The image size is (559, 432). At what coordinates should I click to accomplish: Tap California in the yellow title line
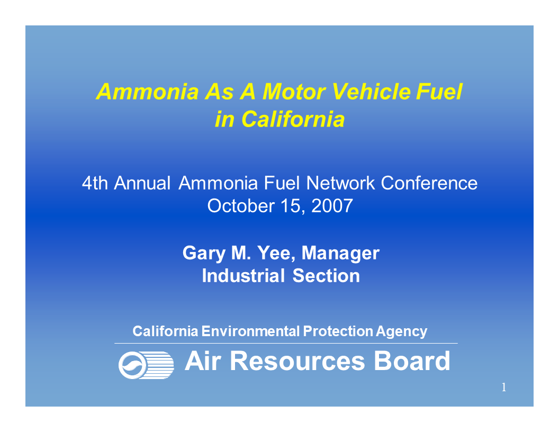pos(293,120)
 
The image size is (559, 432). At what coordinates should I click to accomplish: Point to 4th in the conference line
pos(95,183)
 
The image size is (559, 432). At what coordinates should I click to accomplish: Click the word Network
pos(340,183)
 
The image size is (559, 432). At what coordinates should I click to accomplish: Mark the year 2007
pos(332,205)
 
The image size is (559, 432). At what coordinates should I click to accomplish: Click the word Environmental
pos(251,332)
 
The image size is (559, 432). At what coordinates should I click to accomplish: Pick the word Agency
pos(402,332)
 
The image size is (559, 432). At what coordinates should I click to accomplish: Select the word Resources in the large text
pos(297,362)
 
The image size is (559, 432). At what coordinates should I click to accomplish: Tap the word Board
pos(412,362)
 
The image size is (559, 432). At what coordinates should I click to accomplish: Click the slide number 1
pos(504,388)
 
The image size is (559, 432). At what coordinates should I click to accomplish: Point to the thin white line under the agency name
pos(286,344)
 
